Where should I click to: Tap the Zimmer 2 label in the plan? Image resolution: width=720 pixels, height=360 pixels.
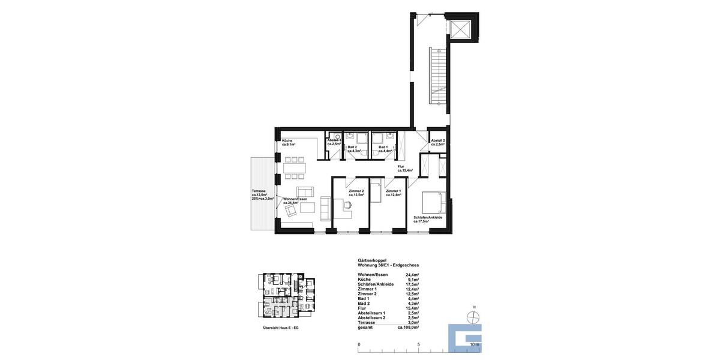[356, 193]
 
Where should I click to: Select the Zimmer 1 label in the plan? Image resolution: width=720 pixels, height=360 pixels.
[394, 193]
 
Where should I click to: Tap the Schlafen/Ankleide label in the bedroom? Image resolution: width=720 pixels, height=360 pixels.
[428, 219]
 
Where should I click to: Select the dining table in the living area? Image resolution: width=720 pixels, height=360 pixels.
[295, 169]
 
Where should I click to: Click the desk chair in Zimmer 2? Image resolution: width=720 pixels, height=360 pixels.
[347, 206]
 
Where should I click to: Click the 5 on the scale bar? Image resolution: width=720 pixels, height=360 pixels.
[418, 344]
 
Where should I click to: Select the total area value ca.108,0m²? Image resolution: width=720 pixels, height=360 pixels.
[408, 328]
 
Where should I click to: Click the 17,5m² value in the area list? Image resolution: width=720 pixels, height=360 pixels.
[412, 284]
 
